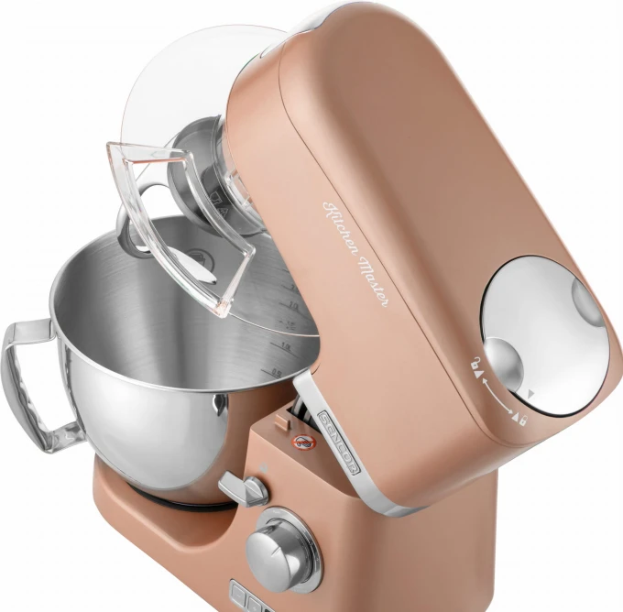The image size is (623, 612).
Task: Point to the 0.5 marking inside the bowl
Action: [x=276, y=370]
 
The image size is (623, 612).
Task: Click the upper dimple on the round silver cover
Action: [x=587, y=299]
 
